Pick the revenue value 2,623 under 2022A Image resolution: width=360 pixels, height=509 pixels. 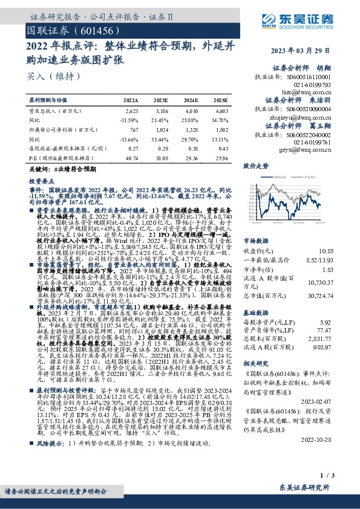pyautogui.click(x=131, y=112)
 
